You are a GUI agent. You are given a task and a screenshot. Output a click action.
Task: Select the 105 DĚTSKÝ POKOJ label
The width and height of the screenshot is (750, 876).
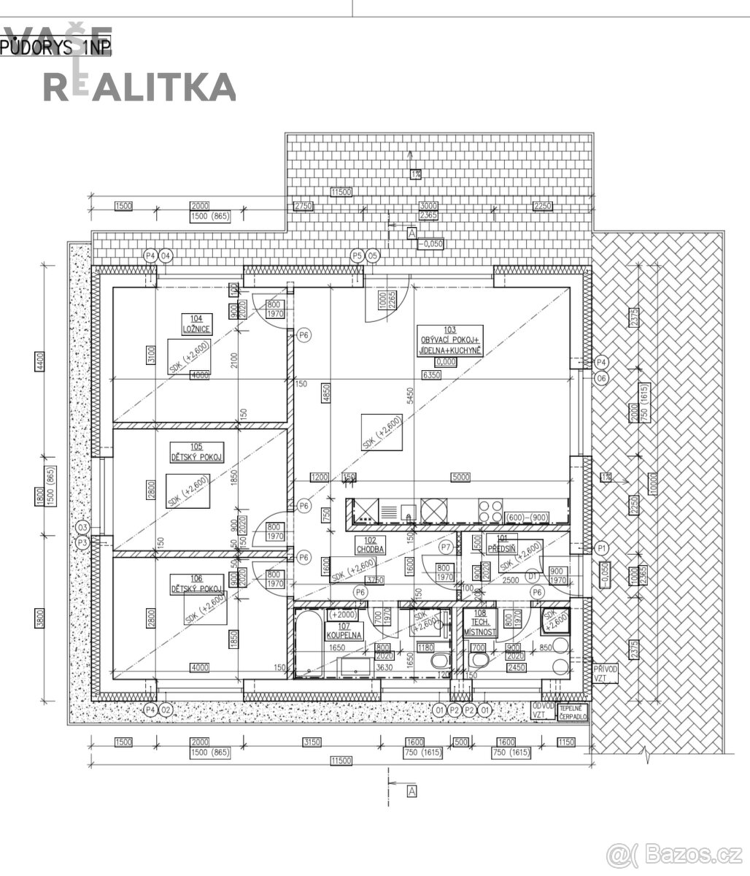pos(196,452)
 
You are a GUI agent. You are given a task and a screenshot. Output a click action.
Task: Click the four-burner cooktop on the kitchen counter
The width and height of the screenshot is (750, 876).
pos(490,509)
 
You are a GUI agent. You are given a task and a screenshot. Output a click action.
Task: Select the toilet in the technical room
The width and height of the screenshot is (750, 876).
pos(479,661)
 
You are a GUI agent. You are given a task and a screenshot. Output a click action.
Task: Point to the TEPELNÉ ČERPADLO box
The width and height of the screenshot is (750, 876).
pos(573,712)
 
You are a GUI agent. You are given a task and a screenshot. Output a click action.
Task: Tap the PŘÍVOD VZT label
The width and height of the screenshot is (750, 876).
pos(605,673)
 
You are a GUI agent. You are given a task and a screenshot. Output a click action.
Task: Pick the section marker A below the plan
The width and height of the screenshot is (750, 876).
pos(411,791)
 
